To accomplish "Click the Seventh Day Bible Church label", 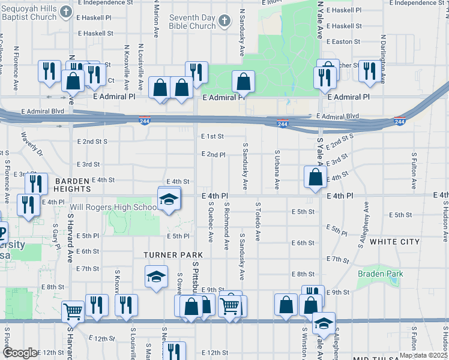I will coord(192,22).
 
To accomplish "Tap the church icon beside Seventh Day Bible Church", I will coord(224,22).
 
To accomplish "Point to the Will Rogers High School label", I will coord(113,208).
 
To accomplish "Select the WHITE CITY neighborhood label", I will coord(394,242).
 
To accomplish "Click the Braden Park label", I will coord(381,274).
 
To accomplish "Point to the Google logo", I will coord(20,353).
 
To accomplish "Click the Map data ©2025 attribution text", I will coord(423,355).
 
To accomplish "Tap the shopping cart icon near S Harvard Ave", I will coord(73,311).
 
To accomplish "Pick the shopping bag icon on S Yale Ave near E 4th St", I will coord(315,178).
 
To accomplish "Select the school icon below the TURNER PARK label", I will coord(156,277).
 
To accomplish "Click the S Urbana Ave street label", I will coord(277,170).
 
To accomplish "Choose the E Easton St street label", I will coord(343,42).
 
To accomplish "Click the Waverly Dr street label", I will coord(32,144).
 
